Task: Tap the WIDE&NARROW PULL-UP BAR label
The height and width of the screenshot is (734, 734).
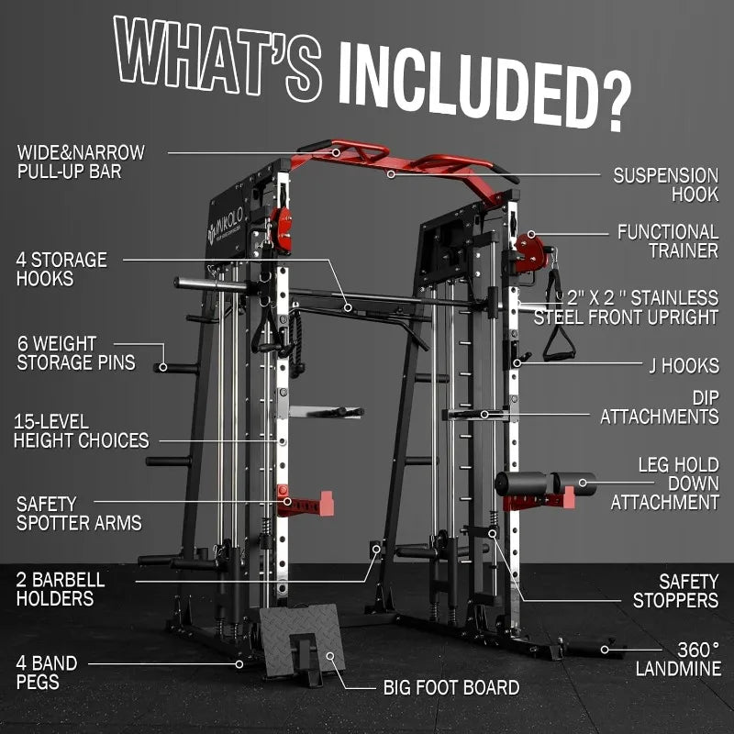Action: (x=80, y=161)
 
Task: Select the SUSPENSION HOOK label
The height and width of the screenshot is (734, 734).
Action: (x=666, y=183)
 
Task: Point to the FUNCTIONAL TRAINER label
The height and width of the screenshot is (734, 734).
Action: (x=667, y=240)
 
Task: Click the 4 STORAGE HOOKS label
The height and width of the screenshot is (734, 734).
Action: (x=61, y=269)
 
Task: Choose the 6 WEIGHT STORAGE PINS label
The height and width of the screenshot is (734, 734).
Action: (x=75, y=353)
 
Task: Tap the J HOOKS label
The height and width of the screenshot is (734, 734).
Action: (x=680, y=365)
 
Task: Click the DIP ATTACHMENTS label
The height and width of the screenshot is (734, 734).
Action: (x=660, y=406)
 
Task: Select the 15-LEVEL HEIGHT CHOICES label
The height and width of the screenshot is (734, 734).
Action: (x=81, y=431)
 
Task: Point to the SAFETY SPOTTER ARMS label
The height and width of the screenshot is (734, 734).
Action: (x=79, y=513)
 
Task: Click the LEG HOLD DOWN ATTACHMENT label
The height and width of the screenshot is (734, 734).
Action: (x=665, y=484)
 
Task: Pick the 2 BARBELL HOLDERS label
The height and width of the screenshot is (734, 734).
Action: (x=61, y=589)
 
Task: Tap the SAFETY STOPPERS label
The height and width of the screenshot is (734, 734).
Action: (x=675, y=591)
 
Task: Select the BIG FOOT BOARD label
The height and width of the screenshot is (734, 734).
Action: (x=450, y=687)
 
